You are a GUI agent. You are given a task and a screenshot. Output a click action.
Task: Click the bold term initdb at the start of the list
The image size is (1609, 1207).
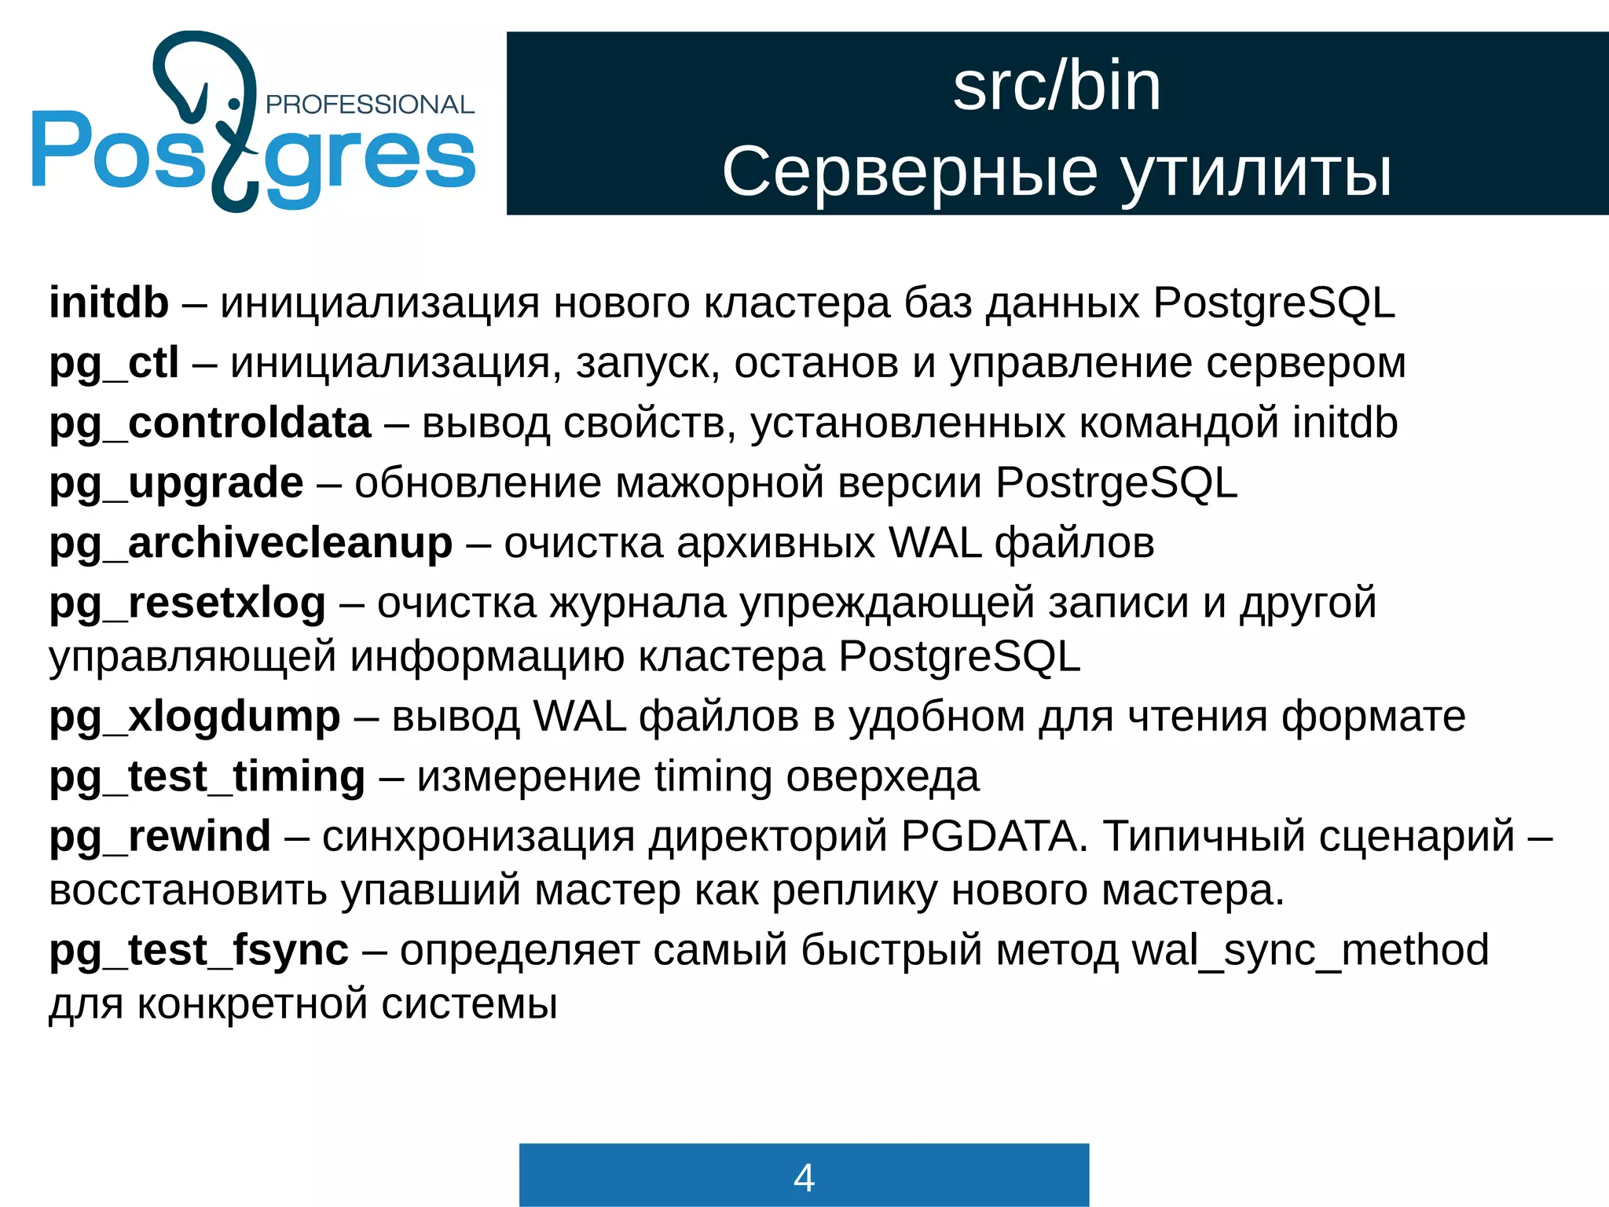(x=108, y=303)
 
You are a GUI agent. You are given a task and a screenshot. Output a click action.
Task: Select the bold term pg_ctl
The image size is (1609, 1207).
(x=114, y=364)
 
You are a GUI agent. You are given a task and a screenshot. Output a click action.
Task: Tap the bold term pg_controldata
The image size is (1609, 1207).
(x=210, y=424)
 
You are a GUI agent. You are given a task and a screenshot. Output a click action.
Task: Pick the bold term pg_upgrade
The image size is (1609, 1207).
(x=176, y=483)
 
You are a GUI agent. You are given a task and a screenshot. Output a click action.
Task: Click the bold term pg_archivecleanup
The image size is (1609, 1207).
(x=251, y=544)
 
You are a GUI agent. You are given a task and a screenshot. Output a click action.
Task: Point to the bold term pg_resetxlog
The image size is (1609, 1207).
(x=187, y=603)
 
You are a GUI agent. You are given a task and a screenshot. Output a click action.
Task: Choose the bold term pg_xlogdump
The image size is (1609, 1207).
(x=195, y=717)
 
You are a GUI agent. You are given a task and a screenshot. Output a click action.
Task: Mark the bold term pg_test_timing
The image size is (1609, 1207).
(x=207, y=777)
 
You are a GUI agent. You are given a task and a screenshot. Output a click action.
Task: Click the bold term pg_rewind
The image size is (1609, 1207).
(x=159, y=836)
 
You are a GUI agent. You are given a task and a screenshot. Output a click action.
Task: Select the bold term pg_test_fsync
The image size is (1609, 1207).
(x=198, y=951)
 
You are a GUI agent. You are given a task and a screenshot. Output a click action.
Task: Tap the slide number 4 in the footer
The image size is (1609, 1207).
(x=804, y=1177)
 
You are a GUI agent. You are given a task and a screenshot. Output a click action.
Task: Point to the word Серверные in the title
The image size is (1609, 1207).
(x=910, y=172)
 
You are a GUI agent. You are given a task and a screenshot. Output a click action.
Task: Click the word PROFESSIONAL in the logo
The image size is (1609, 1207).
(x=370, y=105)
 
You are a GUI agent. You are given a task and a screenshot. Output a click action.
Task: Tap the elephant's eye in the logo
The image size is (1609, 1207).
(x=233, y=104)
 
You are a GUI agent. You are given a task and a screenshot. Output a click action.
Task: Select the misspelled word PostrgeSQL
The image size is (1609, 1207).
(x=1116, y=483)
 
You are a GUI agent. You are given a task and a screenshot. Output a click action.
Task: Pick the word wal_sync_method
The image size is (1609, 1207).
(x=1310, y=951)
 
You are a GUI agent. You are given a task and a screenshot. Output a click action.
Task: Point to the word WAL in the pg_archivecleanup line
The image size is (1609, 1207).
(x=935, y=544)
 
